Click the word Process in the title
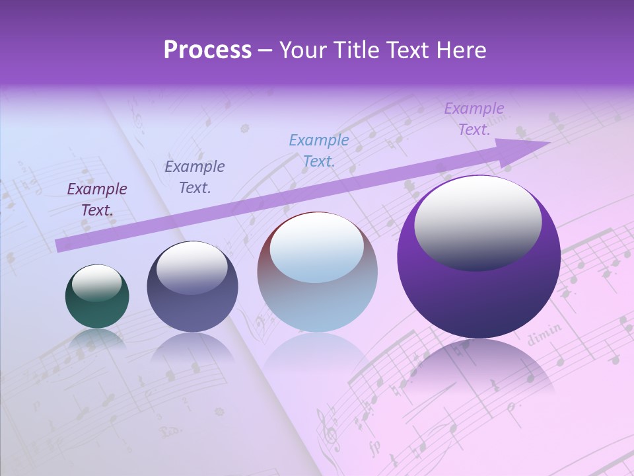pyautogui.click(x=207, y=50)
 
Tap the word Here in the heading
pyautogui.click(x=460, y=50)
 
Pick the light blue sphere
pyautogui.click(x=317, y=272)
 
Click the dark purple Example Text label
pyautogui.click(x=97, y=200)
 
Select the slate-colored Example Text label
pyautogui.click(x=195, y=177)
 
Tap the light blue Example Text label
pyautogui.click(x=319, y=151)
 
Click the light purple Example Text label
pyautogui.click(x=474, y=119)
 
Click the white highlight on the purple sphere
pyautogui.click(x=477, y=221)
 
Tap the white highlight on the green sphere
pyautogui.click(x=96, y=283)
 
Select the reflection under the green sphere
pyautogui.click(x=97, y=338)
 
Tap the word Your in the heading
pyautogui.click(x=305, y=50)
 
